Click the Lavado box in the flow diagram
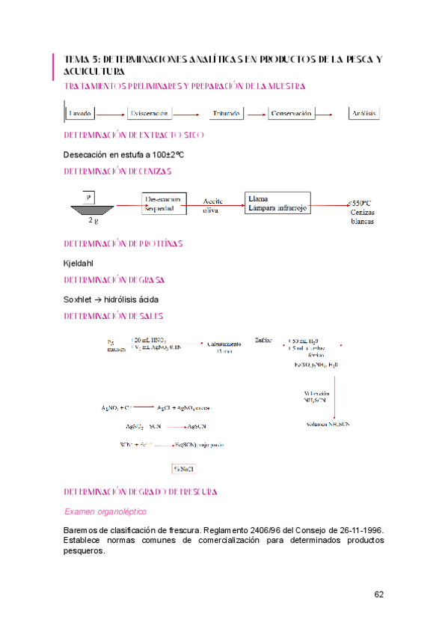point(80,113)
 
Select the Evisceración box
point(150,113)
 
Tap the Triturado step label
point(226,114)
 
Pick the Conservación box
point(292,113)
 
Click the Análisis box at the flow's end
point(366,113)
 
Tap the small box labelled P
point(88,197)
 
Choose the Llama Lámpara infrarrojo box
point(278,204)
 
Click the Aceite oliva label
point(215,206)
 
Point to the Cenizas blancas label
point(362,216)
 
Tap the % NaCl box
point(184,470)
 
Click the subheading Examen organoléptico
point(105,511)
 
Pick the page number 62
point(379,595)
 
